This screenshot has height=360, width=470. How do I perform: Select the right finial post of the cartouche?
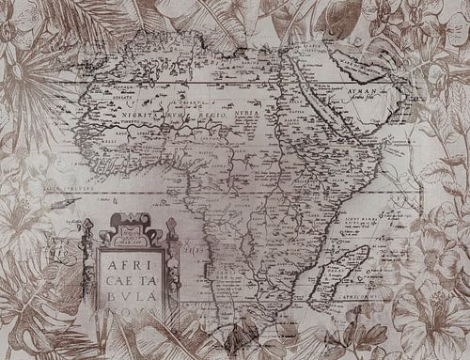pos(170,230)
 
